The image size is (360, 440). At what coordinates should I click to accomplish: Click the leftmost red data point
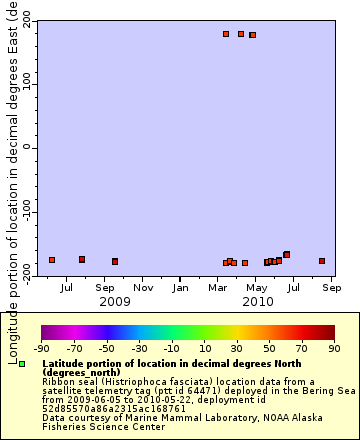click(52, 260)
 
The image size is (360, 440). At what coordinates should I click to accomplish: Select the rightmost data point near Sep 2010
click(322, 261)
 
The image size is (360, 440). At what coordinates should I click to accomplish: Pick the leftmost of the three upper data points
click(226, 34)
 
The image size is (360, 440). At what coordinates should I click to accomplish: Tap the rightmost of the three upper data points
click(252, 35)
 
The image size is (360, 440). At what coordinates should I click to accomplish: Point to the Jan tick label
click(180, 288)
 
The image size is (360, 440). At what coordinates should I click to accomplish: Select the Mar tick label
click(217, 288)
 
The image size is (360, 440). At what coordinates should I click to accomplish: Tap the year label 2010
click(257, 301)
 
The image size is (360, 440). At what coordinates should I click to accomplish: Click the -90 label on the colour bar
click(42, 349)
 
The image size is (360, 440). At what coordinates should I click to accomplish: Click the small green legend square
click(21, 364)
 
